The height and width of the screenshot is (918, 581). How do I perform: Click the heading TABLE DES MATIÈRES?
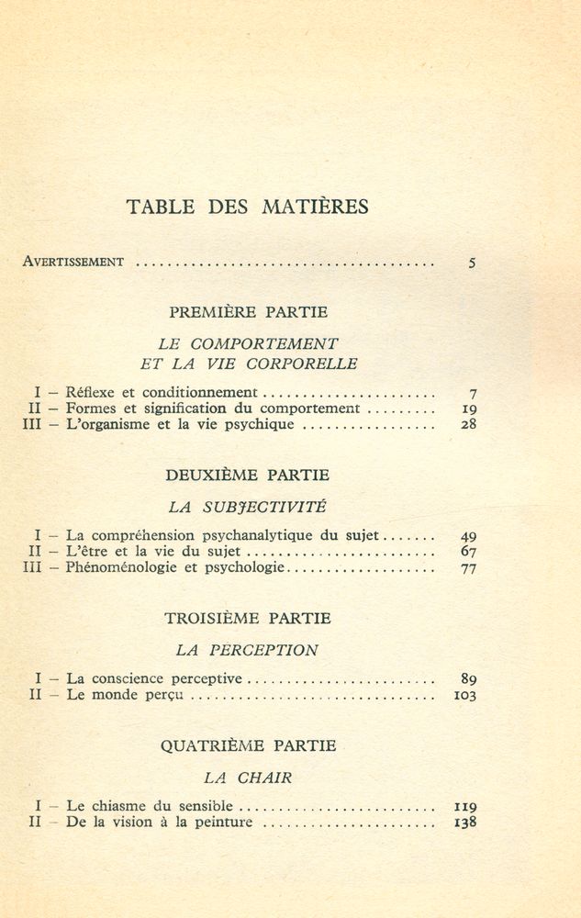coord(248,207)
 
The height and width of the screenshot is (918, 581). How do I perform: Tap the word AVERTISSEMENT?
coord(73,262)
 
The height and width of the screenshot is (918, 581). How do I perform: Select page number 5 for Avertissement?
coord(472,263)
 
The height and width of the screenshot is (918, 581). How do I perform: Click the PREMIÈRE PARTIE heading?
coord(248,312)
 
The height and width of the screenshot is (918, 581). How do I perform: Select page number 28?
coord(468,425)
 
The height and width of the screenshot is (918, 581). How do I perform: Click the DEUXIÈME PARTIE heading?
coord(248,476)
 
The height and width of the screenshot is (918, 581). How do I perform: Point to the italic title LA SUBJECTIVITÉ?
coord(248,506)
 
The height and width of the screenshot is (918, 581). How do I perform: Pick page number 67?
coord(468,552)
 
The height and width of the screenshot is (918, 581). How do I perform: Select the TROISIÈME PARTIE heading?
coord(248,619)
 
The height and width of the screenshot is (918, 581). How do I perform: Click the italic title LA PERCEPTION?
coord(248,650)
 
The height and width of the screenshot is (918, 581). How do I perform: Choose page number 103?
coord(465,696)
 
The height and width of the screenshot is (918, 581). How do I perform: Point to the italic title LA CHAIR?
coord(248,778)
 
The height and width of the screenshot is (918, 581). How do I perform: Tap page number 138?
coord(465,823)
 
